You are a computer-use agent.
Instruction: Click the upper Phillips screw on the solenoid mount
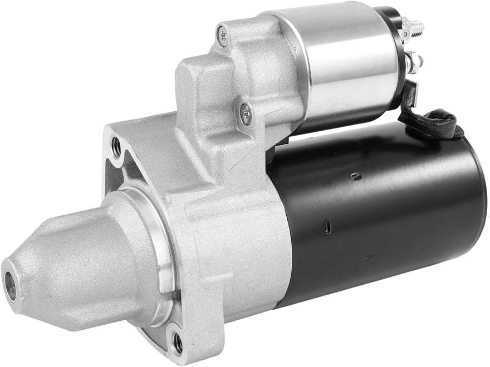pyautogui.click(x=223, y=36)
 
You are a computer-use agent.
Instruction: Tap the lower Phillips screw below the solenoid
pyautogui.click(x=245, y=113)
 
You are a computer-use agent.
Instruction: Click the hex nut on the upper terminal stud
pyautogui.click(x=405, y=29)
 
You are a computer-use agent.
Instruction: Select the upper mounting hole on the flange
pyautogui.click(x=116, y=147)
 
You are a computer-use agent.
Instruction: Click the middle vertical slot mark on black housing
pyautogui.click(x=328, y=227)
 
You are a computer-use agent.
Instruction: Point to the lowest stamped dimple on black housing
pyautogui.click(x=367, y=257)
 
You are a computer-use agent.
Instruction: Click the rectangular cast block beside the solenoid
pyautogui.click(x=195, y=83)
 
